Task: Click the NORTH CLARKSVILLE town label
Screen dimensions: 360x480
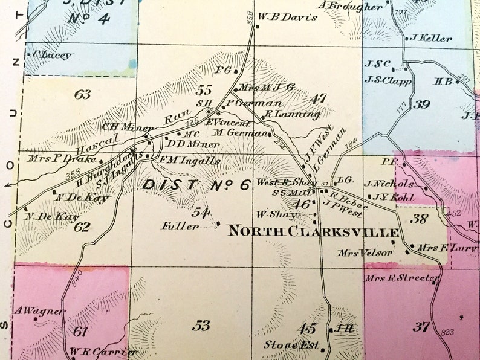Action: click(x=313, y=232)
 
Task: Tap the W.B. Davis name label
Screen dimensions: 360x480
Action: click(x=287, y=17)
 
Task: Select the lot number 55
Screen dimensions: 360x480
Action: click(x=204, y=91)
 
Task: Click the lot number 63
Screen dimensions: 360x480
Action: click(x=82, y=94)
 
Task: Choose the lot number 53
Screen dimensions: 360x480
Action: click(x=201, y=326)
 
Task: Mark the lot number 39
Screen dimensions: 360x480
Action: click(x=422, y=104)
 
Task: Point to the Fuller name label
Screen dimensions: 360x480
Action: click(x=180, y=227)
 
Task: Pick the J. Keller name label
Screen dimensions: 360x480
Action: click(x=431, y=38)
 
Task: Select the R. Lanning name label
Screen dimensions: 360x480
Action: click(x=293, y=114)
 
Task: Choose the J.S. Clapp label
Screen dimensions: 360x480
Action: click(x=388, y=79)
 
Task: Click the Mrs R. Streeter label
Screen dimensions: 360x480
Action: click(x=401, y=278)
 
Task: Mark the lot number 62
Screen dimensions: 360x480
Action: click(x=82, y=227)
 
